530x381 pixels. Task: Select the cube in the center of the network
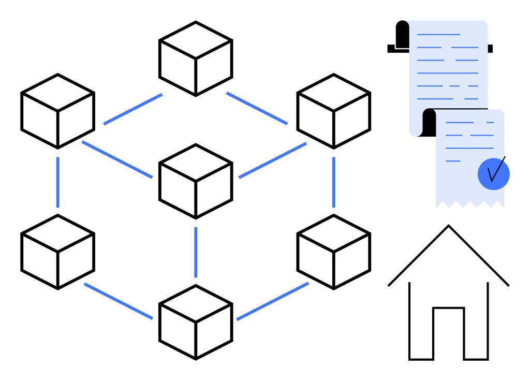pyautogui.click(x=195, y=181)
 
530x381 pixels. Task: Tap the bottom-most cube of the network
pyautogui.click(x=195, y=322)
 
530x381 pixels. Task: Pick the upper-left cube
pyautogui.click(x=57, y=111)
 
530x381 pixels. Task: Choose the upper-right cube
pyautogui.click(x=333, y=111)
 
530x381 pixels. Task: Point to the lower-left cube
pyautogui.click(x=57, y=252)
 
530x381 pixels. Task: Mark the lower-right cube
pyautogui.click(x=333, y=252)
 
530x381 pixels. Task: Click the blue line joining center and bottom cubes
pyautogui.click(x=196, y=252)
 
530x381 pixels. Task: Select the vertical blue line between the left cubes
pyautogui.click(x=57, y=181)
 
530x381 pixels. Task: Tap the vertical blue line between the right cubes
pyautogui.click(x=333, y=181)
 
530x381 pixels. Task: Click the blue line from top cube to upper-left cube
pyautogui.click(x=132, y=109)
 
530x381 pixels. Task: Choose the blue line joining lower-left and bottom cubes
pyautogui.click(x=119, y=301)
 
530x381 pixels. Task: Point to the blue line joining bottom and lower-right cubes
pyautogui.click(x=272, y=301)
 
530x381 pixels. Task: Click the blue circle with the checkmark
pyautogui.click(x=493, y=173)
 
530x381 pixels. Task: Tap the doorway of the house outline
pyautogui.click(x=448, y=334)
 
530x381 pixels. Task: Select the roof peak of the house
pyautogui.click(x=448, y=227)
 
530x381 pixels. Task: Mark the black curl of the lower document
pyautogui.click(x=429, y=123)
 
